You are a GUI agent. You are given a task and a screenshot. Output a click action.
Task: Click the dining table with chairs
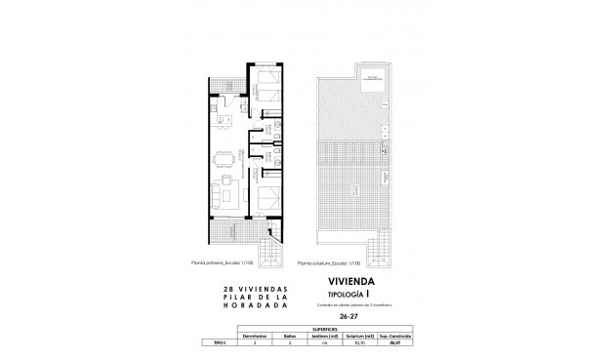pyautogui.click(x=224, y=155)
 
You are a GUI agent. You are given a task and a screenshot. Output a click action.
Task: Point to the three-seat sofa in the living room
pyautogui.click(x=217, y=189)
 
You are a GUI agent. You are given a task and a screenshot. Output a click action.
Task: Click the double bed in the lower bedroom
pyautogui.click(x=267, y=193)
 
